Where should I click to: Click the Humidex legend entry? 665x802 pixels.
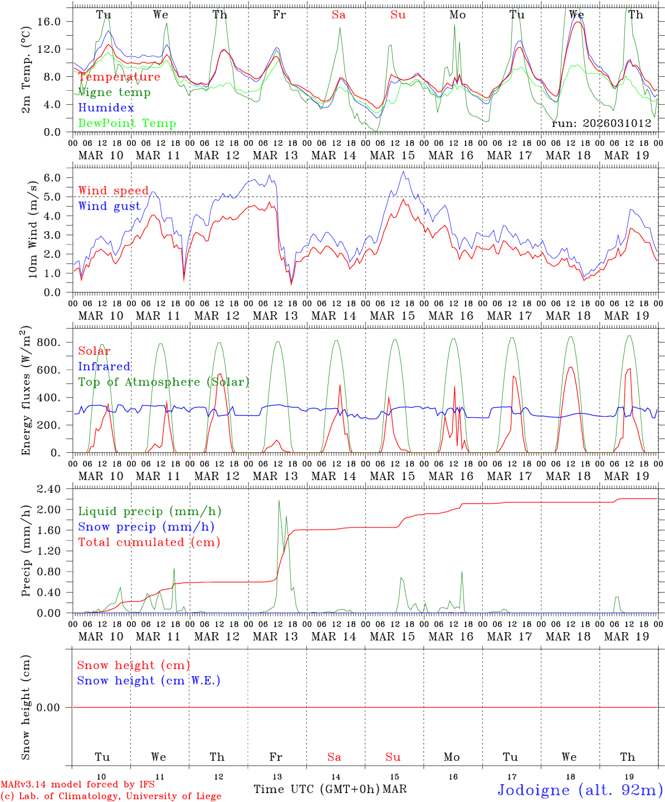point(106,107)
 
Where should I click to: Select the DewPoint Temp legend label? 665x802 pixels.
point(127,123)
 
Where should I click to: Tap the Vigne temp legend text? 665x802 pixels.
point(114,92)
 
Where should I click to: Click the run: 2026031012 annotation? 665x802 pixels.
point(601,123)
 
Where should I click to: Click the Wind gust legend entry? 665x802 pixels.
point(109,206)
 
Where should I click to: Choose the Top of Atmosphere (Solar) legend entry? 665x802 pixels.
point(163,382)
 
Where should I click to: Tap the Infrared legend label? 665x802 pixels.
point(104,366)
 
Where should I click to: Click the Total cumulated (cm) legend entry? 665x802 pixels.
point(149,542)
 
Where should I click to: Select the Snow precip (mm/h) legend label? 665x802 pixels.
point(146,527)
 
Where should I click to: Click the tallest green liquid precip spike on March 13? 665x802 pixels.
point(279,501)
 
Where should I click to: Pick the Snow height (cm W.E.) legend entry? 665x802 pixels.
point(149,681)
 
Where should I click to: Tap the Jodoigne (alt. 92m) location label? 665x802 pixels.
point(580,790)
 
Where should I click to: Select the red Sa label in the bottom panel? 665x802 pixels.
point(334,757)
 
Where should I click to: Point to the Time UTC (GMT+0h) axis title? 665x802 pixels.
point(316,789)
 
